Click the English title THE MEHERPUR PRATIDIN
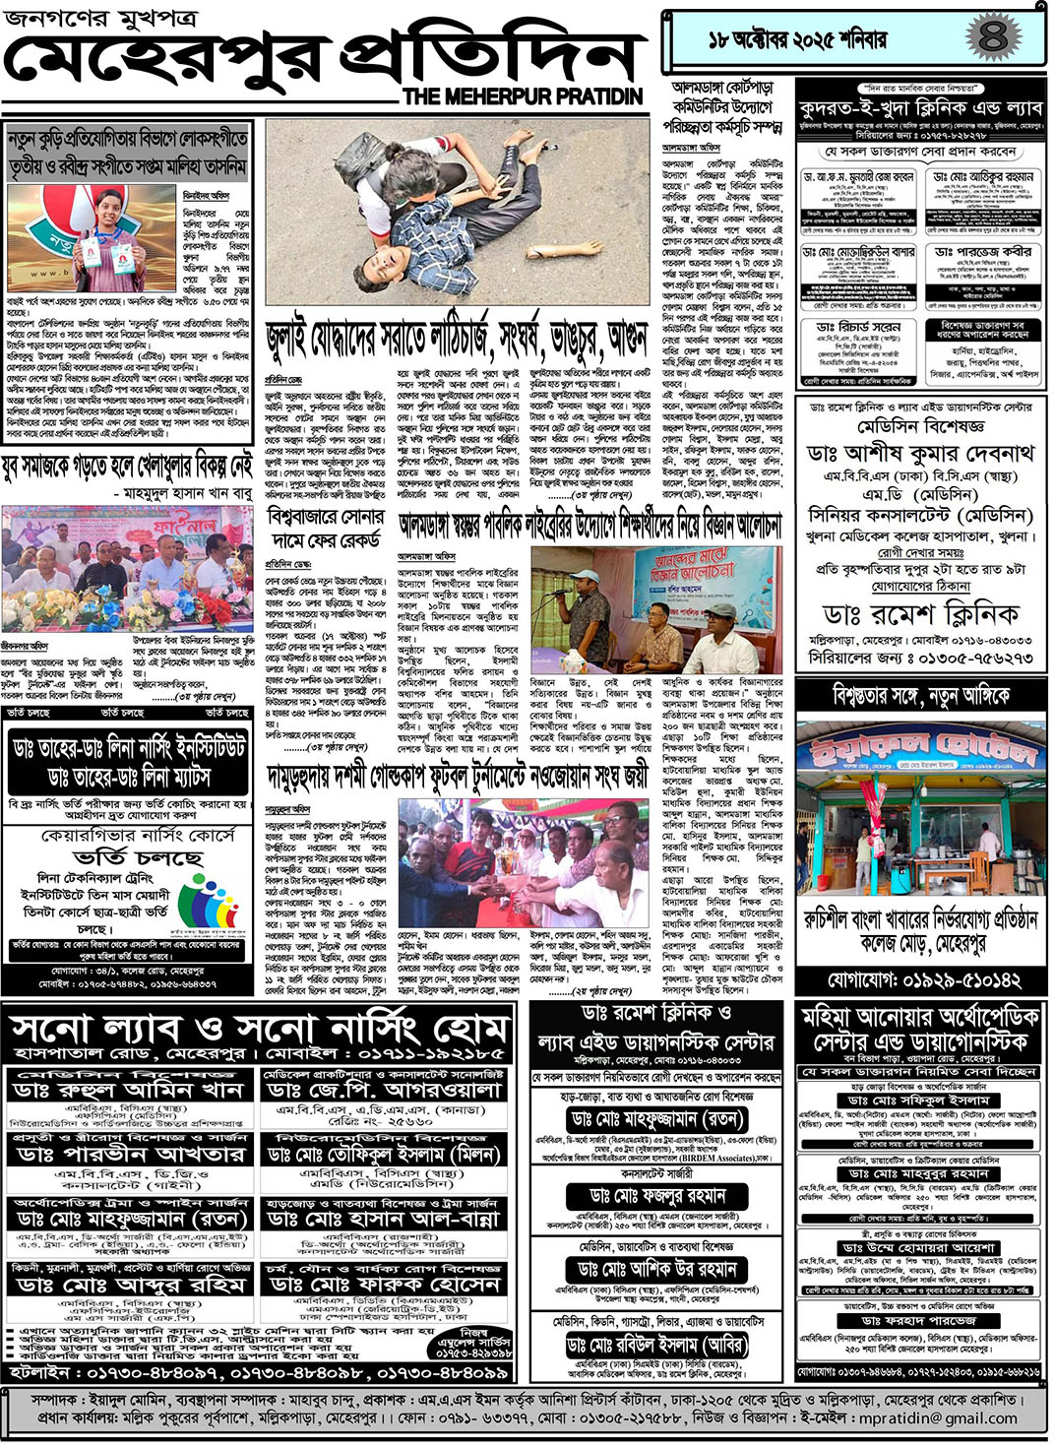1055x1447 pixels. pos(523,96)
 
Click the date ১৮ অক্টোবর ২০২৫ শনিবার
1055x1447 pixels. pos(797,39)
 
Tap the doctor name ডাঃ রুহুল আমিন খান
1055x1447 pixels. pos(129,1091)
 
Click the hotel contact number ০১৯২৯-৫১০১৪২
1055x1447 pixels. pos(923,980)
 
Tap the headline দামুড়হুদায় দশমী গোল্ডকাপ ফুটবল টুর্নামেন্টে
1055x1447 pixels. pos(458,779)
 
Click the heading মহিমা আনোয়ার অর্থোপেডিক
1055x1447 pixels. pos(919,1016)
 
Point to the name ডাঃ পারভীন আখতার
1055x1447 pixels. pos(129,1154)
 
